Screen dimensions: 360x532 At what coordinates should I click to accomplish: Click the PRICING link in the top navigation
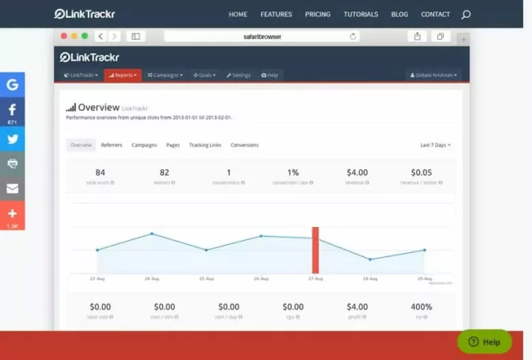tap(318, 14)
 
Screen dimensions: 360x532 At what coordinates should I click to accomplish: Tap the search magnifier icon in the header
tap(466, 14)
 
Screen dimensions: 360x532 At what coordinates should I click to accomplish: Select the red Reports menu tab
tap(123, 75)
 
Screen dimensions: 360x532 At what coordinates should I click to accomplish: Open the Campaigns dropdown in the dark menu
tap(165, 75)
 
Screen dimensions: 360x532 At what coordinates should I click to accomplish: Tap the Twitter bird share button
tap(12, 138)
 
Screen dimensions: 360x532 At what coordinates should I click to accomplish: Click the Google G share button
tap(12, 85)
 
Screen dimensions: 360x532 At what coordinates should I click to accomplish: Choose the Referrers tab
tap(112, 145)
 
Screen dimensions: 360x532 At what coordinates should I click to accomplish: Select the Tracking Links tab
tap(205, 145)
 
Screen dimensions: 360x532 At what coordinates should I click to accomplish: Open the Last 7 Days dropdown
tap(435, 145)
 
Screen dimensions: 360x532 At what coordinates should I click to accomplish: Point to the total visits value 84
tap(100, 172)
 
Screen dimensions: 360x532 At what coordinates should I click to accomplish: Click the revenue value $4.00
tap(357, 172)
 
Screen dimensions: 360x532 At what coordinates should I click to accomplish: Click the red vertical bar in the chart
tap(315, 250)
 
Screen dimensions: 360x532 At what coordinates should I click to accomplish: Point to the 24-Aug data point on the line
tap(151, 234)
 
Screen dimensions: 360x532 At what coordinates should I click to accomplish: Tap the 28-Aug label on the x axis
tap(370, 279)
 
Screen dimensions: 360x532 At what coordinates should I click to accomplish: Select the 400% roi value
tap(422, 307)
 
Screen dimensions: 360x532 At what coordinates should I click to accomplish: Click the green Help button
tap(484, 342)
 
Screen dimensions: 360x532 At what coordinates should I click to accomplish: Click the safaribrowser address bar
tap(266, 36)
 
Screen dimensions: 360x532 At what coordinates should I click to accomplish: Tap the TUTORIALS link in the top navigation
tap(361, 14)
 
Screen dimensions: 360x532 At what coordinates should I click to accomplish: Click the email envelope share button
tap(12, 189)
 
